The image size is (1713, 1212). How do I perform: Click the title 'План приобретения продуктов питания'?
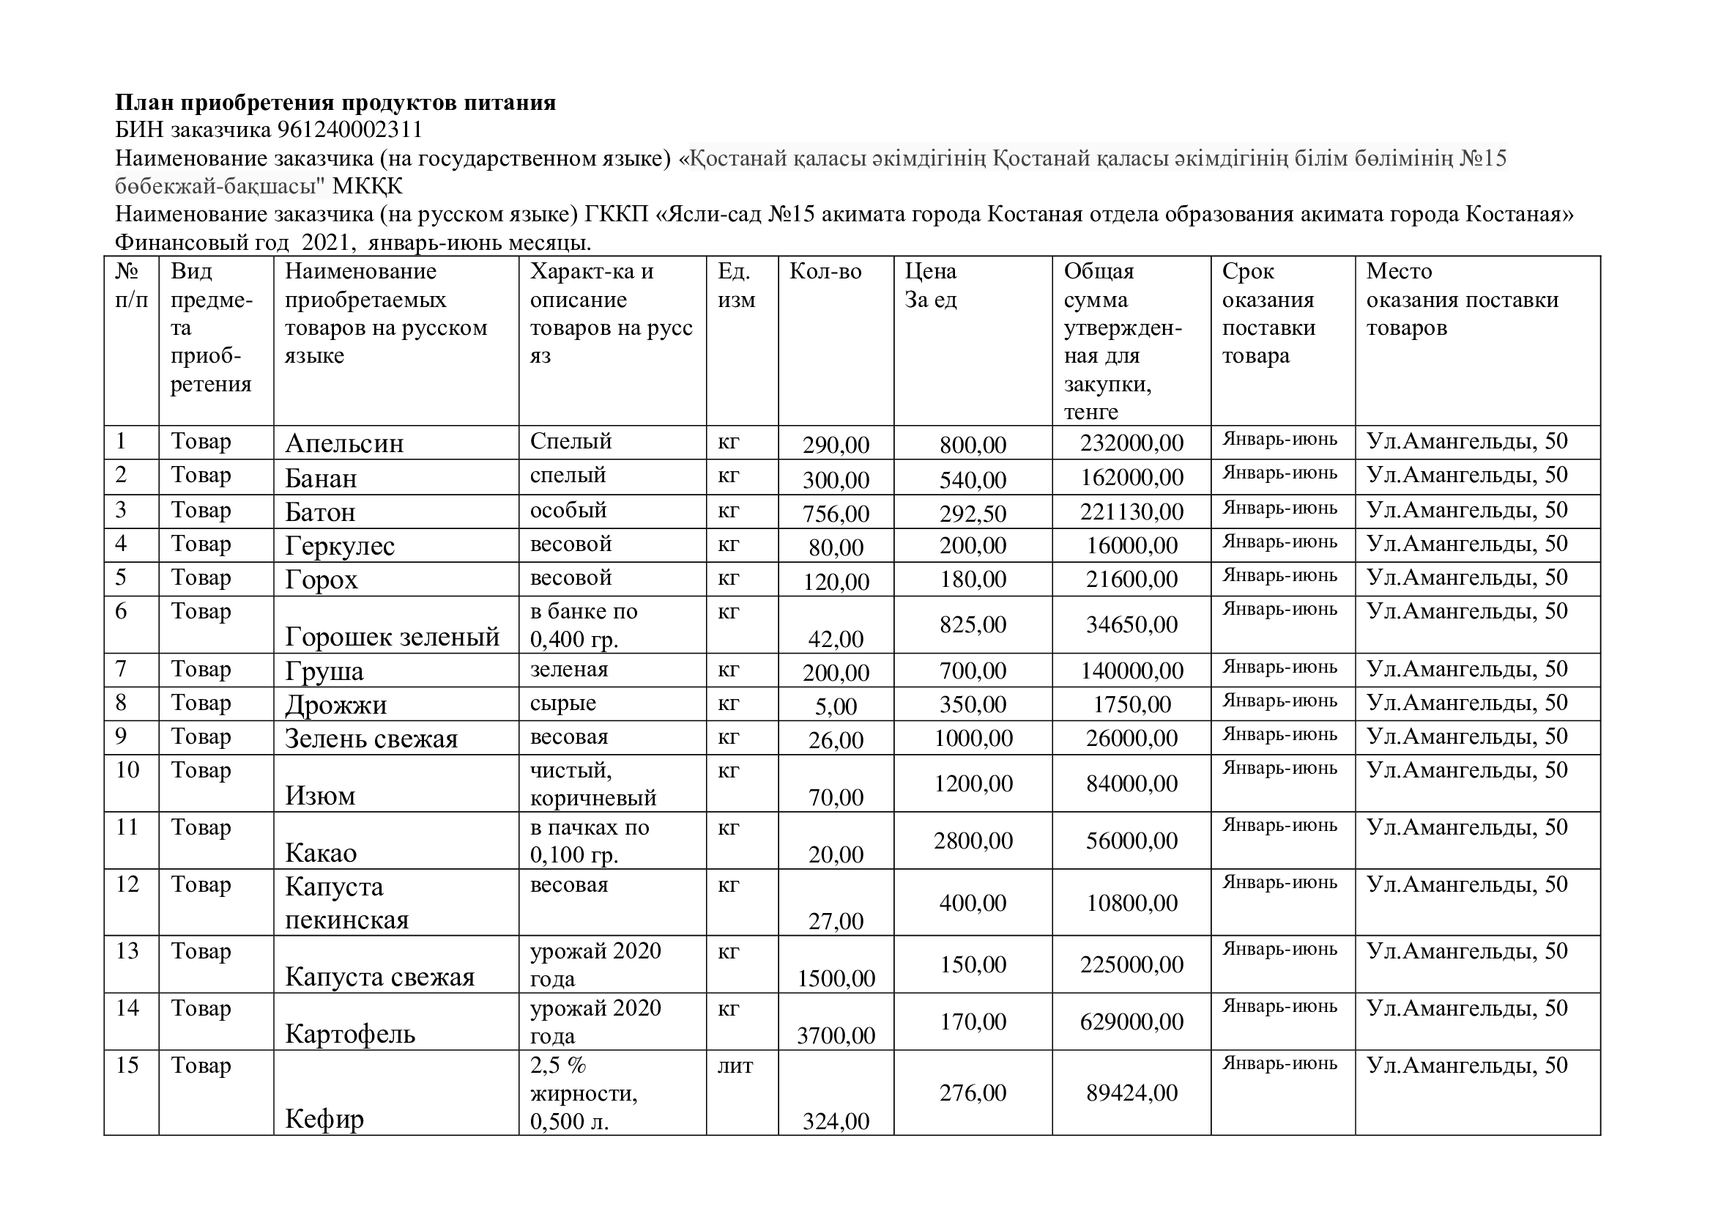335,103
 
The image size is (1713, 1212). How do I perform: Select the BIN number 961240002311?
350,130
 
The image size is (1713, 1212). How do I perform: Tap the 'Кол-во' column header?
825,271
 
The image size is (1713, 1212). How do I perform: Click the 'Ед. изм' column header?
735,285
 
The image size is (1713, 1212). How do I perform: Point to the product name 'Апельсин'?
344,443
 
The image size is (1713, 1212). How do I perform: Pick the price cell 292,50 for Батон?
973,514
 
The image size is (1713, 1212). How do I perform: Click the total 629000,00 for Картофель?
1131,1021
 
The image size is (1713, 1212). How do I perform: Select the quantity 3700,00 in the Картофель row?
836,1035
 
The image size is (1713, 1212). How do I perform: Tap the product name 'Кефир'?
324,1119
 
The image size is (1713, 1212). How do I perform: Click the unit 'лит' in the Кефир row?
735,1065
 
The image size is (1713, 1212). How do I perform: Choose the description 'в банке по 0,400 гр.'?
584,625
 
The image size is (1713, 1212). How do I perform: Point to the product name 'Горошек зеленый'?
392,637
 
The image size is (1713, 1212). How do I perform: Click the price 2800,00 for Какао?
973,841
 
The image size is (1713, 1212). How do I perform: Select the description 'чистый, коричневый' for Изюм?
592,783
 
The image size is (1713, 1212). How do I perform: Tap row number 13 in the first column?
127,952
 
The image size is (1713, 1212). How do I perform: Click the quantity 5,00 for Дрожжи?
836,706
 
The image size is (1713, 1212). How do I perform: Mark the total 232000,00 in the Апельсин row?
1131,443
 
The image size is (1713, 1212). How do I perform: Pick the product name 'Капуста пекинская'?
347,903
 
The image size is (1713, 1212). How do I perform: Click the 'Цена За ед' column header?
930,285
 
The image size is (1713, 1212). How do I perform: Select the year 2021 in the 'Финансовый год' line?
325,243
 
